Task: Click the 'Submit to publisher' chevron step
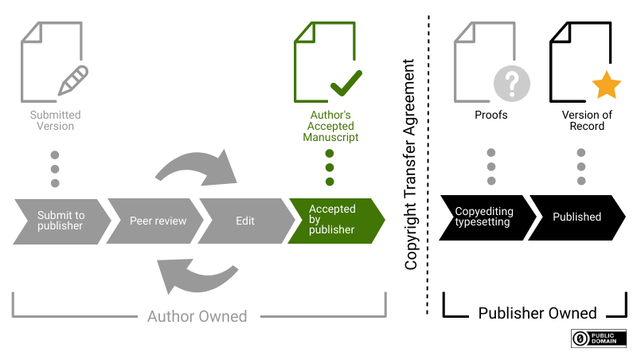(60, 220)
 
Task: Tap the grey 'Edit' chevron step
(244, 220)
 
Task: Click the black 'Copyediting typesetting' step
(483, 217)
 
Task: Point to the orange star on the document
(606, 84)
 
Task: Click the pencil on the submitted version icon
(73, 80)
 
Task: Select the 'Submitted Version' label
(56, 120)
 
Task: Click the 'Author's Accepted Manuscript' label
(330, 126)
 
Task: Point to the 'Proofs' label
(491, 115)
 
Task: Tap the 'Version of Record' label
(587, 120)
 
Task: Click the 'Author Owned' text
(197, 316)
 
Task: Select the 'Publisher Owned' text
(537, 313)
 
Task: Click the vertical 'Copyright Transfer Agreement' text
(411, 164)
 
